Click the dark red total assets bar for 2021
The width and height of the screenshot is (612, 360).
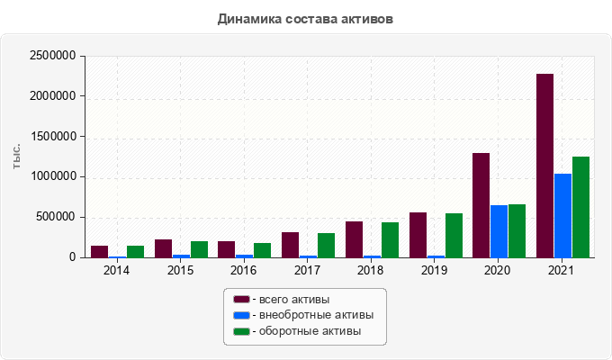coord(544,166)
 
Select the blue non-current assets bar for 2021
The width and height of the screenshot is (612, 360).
coord(562,215)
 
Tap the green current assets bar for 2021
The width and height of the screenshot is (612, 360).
coord(580,207)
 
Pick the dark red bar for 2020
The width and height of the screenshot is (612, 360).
coord(481,205)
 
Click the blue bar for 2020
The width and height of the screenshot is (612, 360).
coord(499,231)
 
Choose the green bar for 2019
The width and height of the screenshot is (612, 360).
coord(454,236)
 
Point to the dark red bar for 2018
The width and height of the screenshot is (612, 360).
coord(354,239)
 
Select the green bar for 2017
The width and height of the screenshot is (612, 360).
coord(327,246)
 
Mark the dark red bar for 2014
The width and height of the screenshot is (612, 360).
coord(100,252)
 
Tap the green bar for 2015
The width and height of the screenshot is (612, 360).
coord(200,249)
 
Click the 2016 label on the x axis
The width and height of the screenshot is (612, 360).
coord(244,270)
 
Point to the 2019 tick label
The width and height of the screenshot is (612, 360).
coord(434,270)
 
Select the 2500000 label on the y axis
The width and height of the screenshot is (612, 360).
coord(53,56)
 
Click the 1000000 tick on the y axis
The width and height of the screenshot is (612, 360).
coord(53,177)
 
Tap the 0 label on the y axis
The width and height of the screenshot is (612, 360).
coord(73,257)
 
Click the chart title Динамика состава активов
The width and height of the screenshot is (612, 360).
coord(305,19)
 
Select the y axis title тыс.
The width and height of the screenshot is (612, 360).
coord(16,157)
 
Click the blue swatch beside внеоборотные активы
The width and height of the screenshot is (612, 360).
coord(241,315)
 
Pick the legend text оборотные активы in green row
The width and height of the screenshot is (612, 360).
coord(310,331)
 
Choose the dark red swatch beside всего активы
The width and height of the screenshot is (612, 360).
coord(241,300)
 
